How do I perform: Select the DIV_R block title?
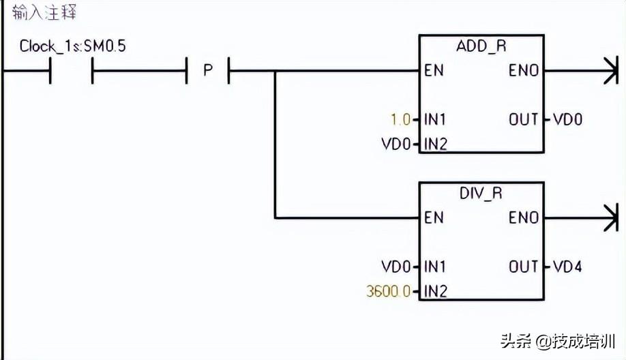481,193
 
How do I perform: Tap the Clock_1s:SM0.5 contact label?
72,46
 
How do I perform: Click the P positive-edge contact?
208,70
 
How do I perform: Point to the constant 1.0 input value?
400,120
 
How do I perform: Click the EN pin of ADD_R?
434,70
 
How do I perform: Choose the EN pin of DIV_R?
434,217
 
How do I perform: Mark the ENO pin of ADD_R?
524,70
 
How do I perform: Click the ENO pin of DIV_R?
524,217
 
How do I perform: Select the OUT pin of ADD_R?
524,120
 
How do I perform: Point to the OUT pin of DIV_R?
524,266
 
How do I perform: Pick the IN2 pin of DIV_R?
436,292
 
